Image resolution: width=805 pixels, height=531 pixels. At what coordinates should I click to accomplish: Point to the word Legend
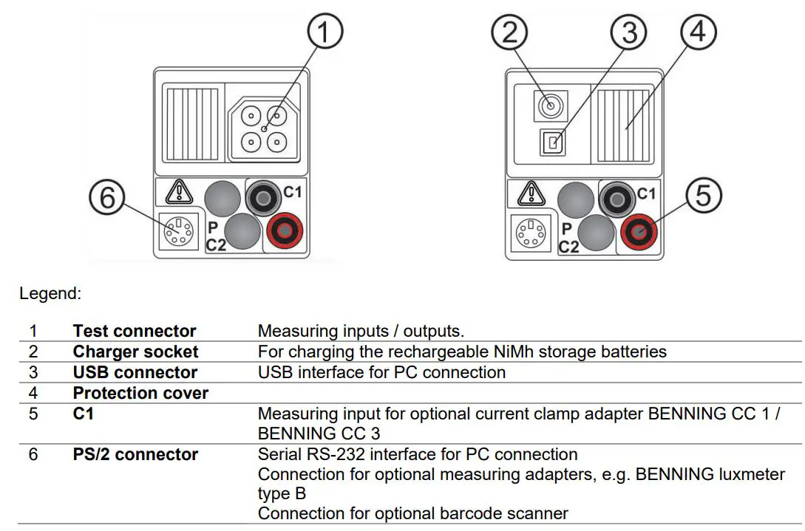click(50, 293)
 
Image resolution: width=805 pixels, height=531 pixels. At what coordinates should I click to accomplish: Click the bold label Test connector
click(135, 331)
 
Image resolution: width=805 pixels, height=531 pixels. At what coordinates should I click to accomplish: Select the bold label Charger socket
click(135, 352)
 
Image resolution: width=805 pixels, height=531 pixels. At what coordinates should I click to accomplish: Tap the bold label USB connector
click(135, 372)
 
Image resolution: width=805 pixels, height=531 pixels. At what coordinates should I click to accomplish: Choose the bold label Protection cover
click(140, 393)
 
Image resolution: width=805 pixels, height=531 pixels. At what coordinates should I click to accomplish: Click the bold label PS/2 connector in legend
click(135, 454)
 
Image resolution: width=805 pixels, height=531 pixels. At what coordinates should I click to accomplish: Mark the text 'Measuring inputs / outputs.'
click(361, 331)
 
